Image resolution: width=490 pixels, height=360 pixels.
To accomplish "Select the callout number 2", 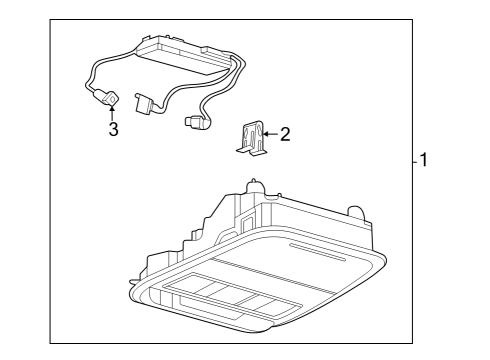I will [285, 134].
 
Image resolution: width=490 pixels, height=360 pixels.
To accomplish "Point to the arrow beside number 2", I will [271, 133].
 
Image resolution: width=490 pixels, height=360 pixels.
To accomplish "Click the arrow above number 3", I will [112, 111].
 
